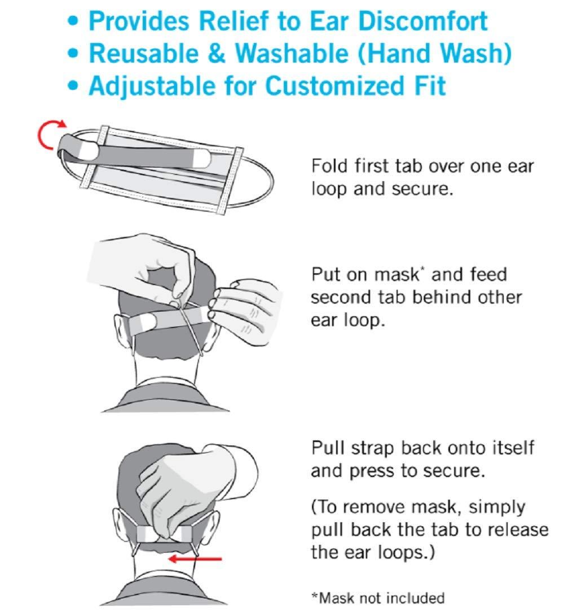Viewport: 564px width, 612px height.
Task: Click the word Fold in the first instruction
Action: [x=329, y=167]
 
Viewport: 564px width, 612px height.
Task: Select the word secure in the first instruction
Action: [x=424, y=189]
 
